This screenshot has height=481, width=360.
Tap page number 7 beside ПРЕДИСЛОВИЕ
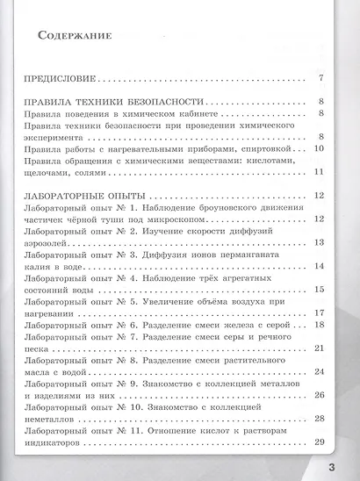322,79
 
